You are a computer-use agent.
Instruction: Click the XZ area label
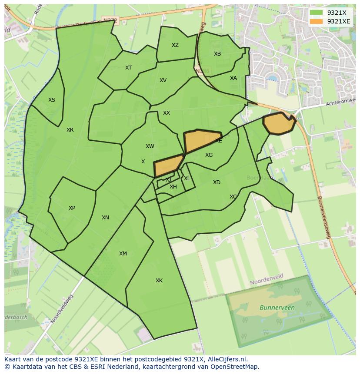(x=175, y=45)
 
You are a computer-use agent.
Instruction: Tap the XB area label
(x=217, y=54)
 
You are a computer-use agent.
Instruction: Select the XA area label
(x=233, y=78)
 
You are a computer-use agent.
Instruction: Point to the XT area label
(x=128, y=68)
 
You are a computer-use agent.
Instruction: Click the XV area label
(x=163, y=80)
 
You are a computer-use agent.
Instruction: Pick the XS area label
(x=52, y=100)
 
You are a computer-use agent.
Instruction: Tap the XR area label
(x=70, y=130)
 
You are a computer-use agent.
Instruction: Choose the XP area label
(x=72, y=208)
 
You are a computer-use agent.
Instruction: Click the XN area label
(x=105, y=218)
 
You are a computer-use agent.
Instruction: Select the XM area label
(x=123, y=254)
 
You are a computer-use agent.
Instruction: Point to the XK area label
(x=159, y=281)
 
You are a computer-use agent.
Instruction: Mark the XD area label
(x=217, y=182)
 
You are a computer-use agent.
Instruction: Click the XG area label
(x=209, y=155)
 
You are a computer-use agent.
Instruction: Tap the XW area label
(x=150, y=146)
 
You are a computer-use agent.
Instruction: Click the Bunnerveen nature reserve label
(x=277, y=308)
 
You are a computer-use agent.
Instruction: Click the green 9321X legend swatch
(x=316, y=13)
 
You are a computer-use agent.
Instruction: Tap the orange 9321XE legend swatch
(x=316, y=21)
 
